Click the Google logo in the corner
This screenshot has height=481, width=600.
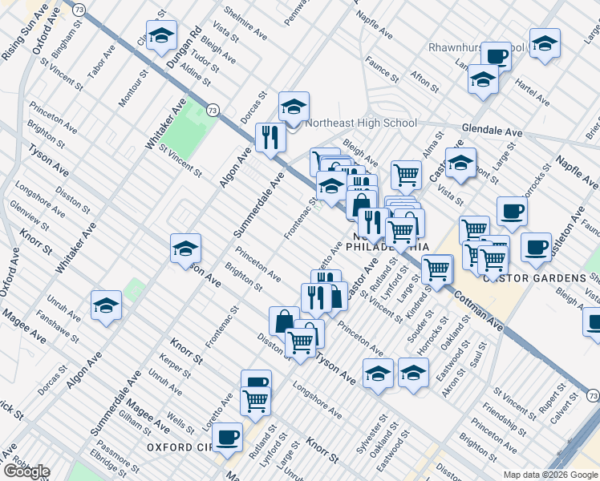tap(26, 471)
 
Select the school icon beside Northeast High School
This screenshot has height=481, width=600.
tap(294, 107)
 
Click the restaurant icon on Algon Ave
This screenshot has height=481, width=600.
tap(270, 137)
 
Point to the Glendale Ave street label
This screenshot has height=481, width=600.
tap(492, 131)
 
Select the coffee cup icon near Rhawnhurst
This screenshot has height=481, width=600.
tap(497, 56)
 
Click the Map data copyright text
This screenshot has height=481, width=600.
tap(549, 475)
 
